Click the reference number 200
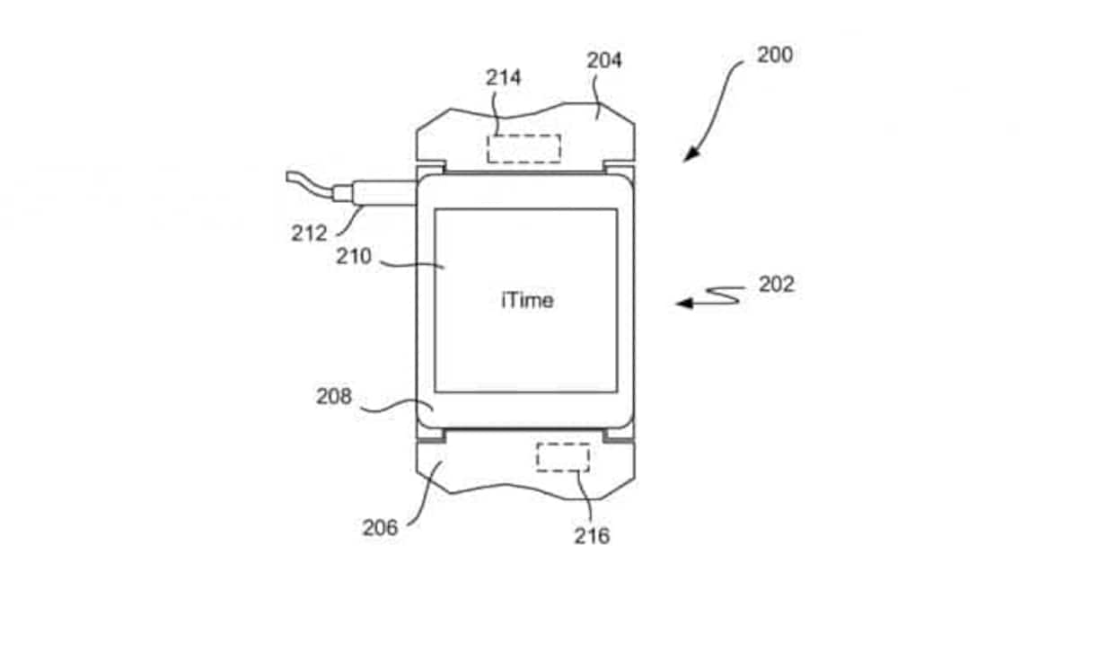pos(774,55)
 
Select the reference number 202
pos(776,285)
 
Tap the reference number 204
pos(604,60)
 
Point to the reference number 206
pos(380,528)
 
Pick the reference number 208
pos(333,396)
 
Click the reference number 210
pos(353,256)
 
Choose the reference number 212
pos(309,233)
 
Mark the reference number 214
pos(504,77)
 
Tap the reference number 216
pos(592,536)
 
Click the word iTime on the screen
pos(527,300)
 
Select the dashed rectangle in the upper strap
pos(524,148)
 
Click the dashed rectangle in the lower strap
pos(563,457)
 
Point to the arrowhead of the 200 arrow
pos(690,155)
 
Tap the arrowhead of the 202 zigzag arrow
pos(684,304)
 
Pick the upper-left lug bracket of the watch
pos(430,169)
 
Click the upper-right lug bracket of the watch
pos(620,169)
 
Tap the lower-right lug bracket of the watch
pos(620,435)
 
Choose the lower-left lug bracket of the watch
pos(430,435)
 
